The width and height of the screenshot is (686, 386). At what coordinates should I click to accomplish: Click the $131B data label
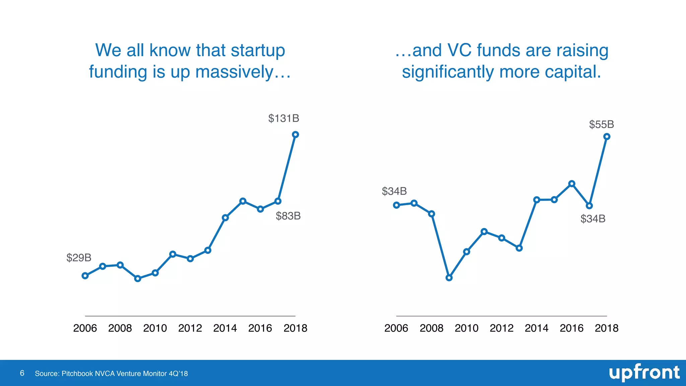[283, 118]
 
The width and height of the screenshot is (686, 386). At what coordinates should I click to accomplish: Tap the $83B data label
[288, 216]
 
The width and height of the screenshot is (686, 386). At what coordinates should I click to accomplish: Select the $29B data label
[79, 258]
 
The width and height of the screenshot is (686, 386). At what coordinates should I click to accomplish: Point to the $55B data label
[601, 125]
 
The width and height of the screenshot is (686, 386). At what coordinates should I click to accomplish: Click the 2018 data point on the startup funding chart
[295, 135]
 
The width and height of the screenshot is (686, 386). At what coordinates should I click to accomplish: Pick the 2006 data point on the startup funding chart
[85, 276]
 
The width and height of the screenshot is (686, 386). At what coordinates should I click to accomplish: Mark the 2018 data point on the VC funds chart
[607, 137]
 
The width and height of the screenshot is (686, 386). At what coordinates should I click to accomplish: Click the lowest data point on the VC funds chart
[449, 278]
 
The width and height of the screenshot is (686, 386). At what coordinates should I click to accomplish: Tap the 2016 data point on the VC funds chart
[572, 184]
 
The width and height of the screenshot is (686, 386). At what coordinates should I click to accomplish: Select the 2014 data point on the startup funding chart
[225, 218]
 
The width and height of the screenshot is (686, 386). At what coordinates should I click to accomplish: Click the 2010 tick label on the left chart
[155, 328]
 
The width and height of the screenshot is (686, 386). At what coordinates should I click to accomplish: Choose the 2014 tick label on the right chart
[537, 328]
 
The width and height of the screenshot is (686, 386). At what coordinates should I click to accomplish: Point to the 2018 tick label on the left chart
[295, 328]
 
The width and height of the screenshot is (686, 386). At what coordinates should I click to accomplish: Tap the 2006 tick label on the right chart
[396, 328]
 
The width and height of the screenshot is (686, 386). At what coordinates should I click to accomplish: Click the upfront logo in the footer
[644, 373]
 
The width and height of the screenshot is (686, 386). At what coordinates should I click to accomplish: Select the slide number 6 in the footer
[22, 373]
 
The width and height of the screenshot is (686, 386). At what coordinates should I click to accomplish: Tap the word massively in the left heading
[234, 72]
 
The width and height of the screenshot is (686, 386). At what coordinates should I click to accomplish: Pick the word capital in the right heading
[573, 72]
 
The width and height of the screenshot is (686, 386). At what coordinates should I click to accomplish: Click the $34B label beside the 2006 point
[394, 191]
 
